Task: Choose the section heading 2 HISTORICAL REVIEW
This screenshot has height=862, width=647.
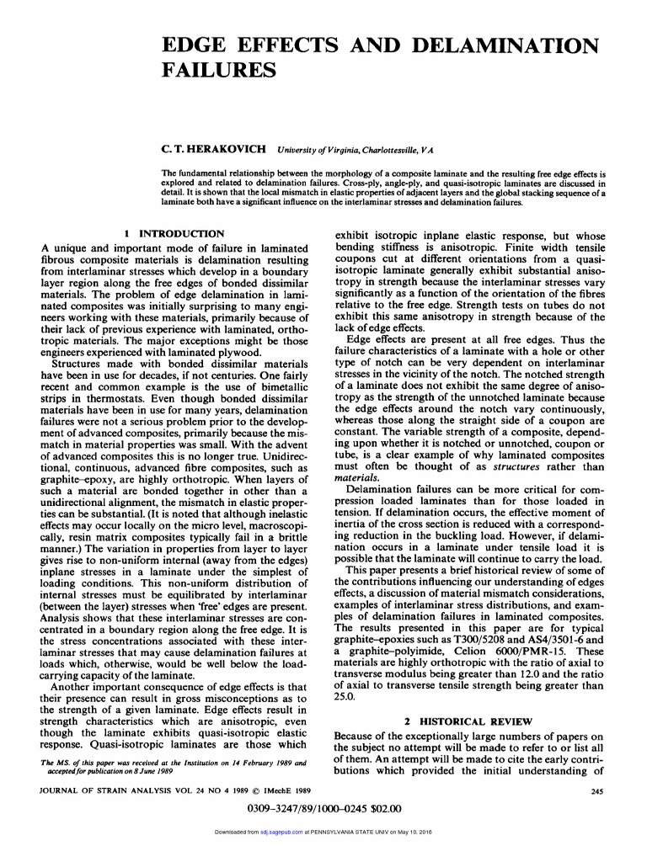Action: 468,721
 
